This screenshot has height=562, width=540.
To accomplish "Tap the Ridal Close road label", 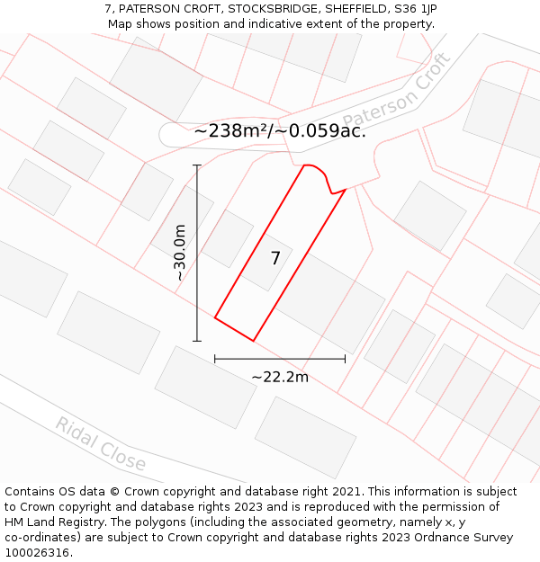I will pos(100,443).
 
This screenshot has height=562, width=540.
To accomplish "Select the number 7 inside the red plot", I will pos(275,259).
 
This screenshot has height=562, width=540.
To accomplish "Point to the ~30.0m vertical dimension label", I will pos(180,253).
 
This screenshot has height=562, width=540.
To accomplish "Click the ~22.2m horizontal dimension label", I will pos(279,377).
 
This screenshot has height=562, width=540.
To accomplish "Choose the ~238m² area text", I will pos(231,131).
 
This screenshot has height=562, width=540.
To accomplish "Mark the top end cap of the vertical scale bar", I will pos(197,165).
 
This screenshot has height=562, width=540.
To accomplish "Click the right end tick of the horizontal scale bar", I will pos(345,359).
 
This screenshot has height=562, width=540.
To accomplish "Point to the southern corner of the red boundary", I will pos(253,341).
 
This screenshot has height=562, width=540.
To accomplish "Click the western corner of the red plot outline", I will pos(214,317).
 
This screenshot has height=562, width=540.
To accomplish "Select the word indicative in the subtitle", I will pos(283,24).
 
